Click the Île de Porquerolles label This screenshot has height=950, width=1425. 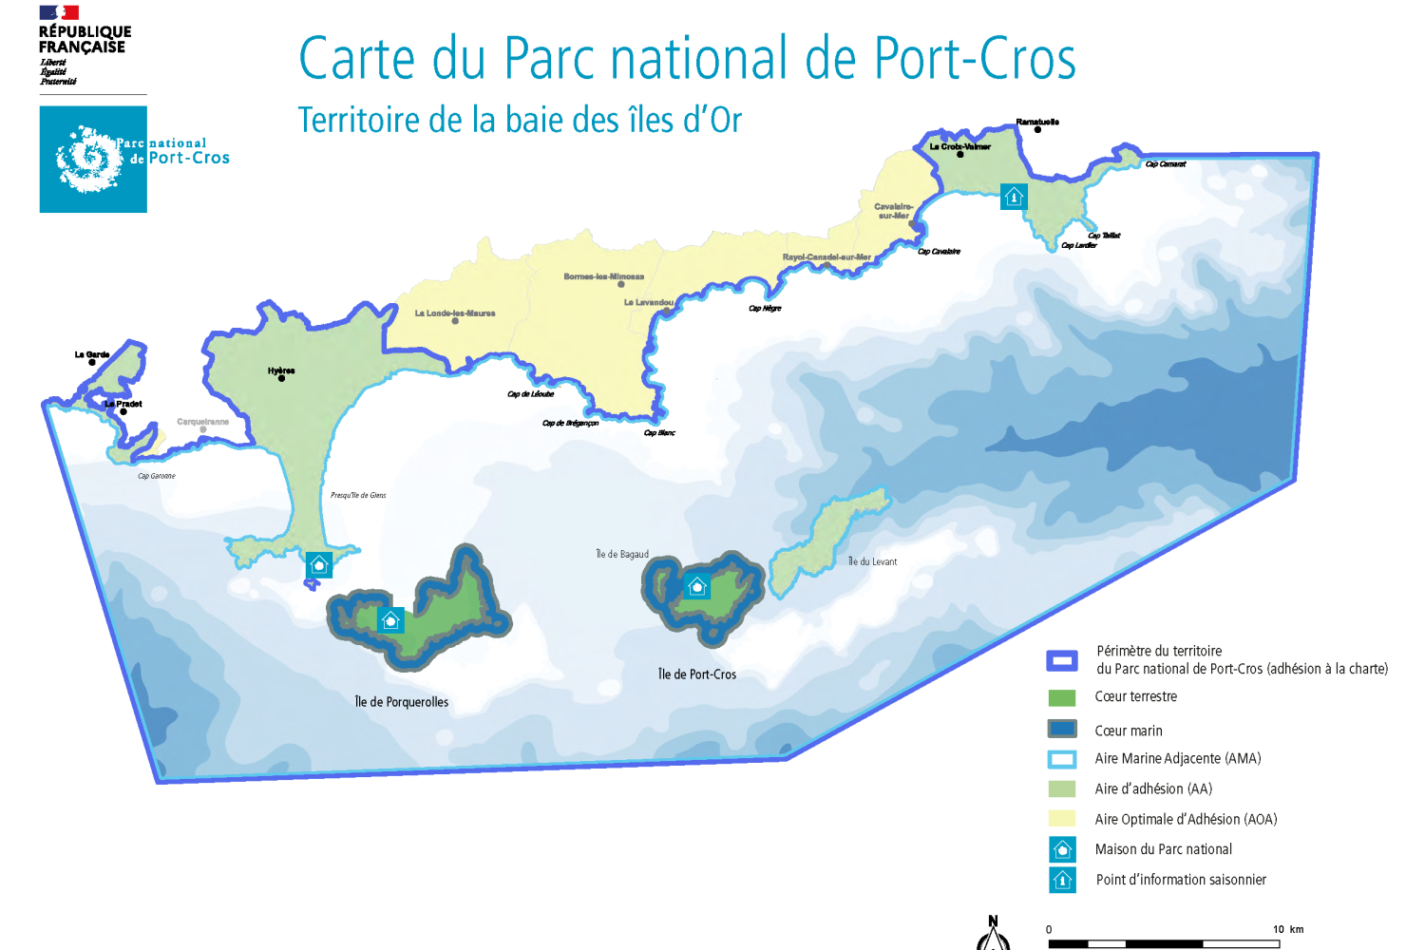(401, 702)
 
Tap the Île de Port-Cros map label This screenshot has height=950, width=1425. (697, 674)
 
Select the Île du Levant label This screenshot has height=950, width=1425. (872, 561)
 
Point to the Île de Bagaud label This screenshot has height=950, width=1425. (622, 554)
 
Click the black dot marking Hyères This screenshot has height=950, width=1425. (281, 378)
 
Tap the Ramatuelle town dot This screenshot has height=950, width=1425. (1037, 129)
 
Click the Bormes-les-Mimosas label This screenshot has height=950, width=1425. (603, 276)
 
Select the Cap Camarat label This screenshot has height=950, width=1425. (1166, 164)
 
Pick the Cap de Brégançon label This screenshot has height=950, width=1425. (570, 424)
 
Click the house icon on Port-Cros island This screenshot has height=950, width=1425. (697, 586)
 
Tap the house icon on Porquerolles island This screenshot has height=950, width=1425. (390, 620)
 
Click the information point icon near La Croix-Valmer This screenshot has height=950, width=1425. (1014, 197)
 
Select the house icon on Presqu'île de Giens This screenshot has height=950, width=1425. (319, 564)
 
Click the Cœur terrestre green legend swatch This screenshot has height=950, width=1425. (1061, 697)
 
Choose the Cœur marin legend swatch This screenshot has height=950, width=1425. (1061, 729)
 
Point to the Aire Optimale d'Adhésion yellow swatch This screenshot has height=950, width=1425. (1061, 818)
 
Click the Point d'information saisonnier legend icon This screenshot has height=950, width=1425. (1062, 880)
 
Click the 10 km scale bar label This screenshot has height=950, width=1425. (1287, 929)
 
